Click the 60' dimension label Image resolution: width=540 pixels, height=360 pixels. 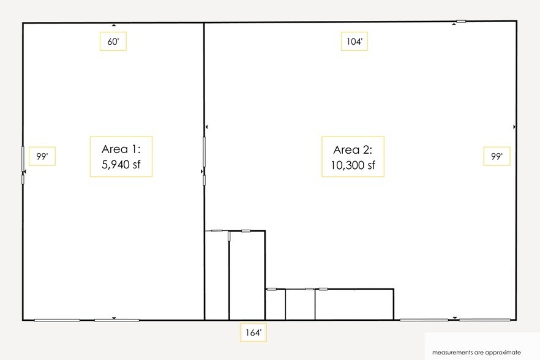click(113, 42)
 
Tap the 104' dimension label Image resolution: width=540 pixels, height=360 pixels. click(354, 42)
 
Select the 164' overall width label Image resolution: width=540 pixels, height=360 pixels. click(253, 332)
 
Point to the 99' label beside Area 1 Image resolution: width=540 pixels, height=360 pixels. click(42, 156)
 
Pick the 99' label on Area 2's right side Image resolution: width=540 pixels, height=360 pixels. click(497, 156)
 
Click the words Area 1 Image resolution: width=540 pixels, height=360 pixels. click(121, 149)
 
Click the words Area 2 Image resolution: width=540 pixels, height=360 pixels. click(353, 150)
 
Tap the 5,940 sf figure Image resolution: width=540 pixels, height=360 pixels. click(121, 164)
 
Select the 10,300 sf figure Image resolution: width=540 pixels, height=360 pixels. click(353, 165)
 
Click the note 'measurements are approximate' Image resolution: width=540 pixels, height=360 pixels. click(476, 353)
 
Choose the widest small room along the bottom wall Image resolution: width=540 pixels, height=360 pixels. click(354, 304)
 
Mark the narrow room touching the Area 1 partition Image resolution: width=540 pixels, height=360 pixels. click(217, 276)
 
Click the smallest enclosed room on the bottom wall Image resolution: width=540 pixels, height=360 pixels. click(276, 304)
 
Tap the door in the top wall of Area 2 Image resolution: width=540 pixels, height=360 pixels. click(461, 21)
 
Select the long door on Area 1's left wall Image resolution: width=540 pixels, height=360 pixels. click(23, 159)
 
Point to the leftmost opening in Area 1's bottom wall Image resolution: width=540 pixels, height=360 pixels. click(57, 320)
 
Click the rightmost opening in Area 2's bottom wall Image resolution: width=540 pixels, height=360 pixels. click(485, 320)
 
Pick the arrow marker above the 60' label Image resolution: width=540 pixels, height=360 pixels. click(114, 25)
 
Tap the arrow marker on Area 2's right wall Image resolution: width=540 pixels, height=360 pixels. click(514, 127)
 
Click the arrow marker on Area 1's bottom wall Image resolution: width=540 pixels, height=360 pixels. click(114, 318)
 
